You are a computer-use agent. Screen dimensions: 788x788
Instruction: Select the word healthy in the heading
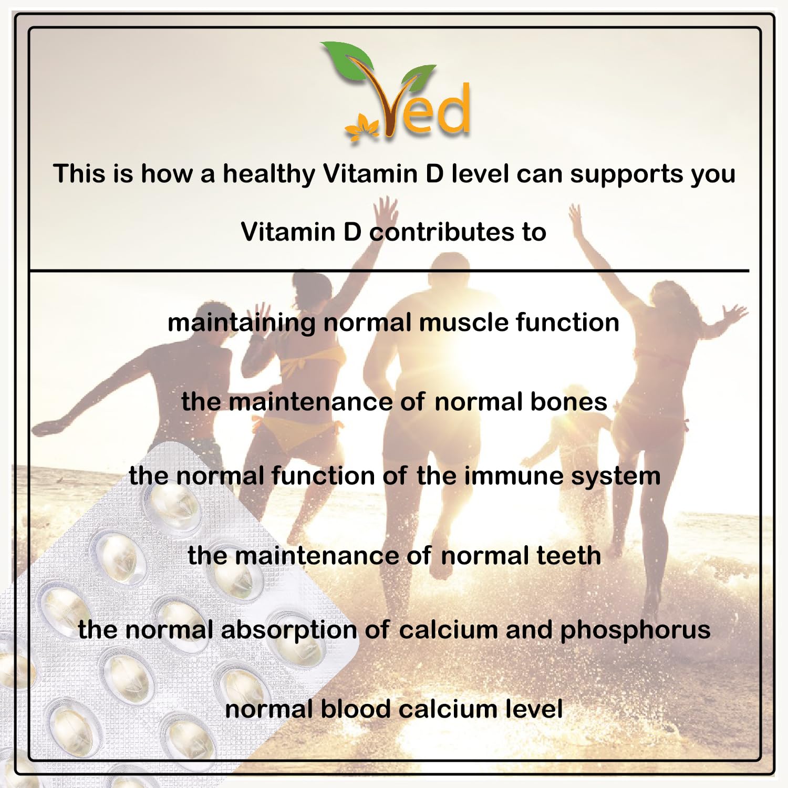[x=269, y=174]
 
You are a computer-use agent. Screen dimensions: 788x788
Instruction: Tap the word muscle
[x=463, y=322]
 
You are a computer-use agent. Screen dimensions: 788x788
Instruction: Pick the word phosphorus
[x=635, y=630]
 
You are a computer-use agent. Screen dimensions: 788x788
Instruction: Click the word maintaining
[x=242, y=323]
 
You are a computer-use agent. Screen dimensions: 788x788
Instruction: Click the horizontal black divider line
[x=389, y=271]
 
